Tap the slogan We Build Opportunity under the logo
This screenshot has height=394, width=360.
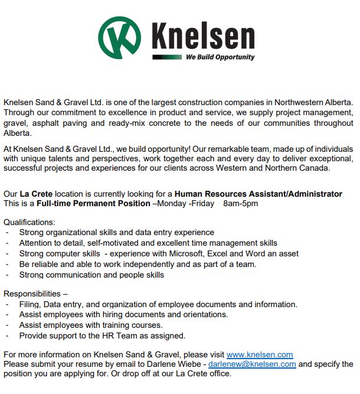(x=220, y=57)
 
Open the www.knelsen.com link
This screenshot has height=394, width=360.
(x=260, y=354)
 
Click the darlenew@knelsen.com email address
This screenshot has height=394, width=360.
(x=252, y=364)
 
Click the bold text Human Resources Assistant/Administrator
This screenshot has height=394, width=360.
(x=258, y=194)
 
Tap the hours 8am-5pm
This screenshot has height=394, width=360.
(x=241, y=203)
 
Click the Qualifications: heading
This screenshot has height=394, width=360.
(x=29, y=223)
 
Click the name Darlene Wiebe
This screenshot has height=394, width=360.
(x=179, y=364)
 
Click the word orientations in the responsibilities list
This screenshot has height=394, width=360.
(x=202, y=315)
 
